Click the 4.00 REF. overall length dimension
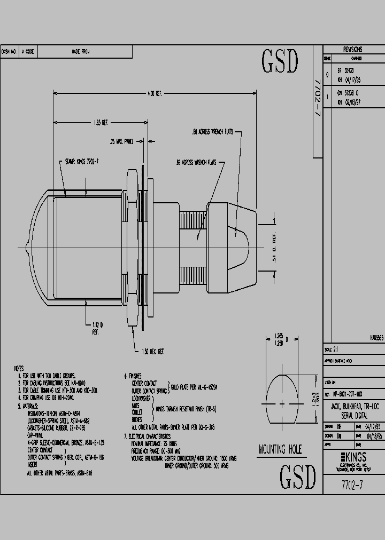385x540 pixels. tap(155, 93)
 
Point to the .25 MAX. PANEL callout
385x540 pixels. tap(121, 142)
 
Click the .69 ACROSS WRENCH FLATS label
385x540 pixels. tap(196, 162)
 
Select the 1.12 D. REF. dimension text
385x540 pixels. tap(96, 328)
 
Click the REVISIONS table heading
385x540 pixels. tap(353, 49)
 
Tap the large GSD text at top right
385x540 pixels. tap(279, 62)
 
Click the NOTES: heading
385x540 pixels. tap(19, 369)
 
